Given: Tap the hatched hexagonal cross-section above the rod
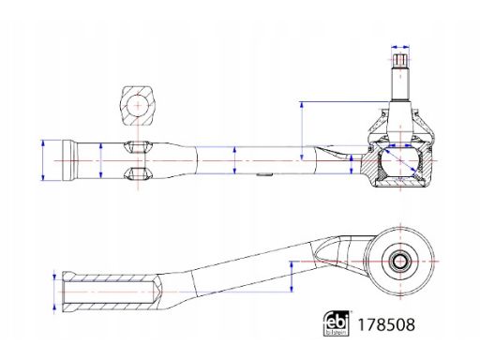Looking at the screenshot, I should (x=138, y=102).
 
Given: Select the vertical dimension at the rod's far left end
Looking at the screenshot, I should (x=44, y=160).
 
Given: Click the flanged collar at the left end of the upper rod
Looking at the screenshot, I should (x=67, y=160).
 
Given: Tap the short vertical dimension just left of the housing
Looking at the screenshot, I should (x=352, y=166).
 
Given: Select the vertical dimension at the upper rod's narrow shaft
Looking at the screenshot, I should (x=233, y=160).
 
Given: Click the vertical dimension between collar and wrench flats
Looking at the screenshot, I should (x=99, y=160).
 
